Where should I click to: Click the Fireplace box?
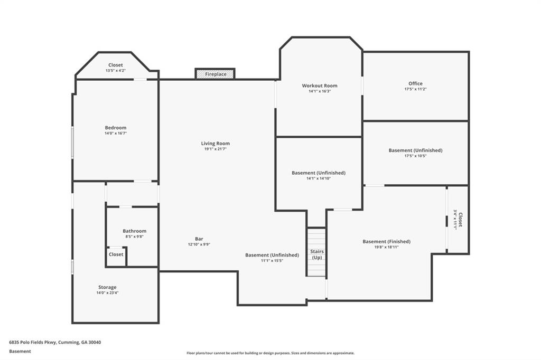215,74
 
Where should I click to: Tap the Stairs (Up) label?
317,254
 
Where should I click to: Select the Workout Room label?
320,86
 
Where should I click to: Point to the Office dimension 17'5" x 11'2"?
415,89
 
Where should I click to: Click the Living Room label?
216,144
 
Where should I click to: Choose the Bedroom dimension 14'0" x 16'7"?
116,133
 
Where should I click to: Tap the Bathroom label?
135,231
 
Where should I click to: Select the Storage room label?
107,287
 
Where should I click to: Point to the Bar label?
199,239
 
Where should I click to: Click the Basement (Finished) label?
386,241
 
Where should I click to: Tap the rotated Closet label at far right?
460,219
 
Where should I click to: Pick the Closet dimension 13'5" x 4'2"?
116,70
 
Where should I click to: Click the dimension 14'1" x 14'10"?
319,178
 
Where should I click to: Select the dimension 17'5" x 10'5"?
415,156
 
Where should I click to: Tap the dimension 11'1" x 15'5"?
272,261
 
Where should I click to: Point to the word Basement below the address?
20,352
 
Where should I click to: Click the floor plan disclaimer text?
270,353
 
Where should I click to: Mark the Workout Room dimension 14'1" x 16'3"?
320,91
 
